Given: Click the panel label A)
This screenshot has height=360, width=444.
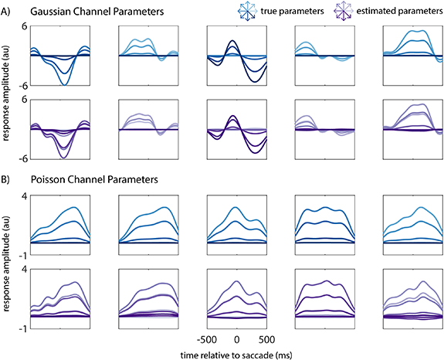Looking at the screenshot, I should pos(8,12).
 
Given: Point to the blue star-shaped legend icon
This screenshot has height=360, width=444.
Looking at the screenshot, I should pos(247,11).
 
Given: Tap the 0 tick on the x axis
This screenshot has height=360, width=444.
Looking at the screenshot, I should pos(237,339).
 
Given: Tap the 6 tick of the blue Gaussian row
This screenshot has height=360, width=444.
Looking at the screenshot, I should pos(25,26).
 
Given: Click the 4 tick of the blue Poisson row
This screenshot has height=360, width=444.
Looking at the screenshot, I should pos(25,196).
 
